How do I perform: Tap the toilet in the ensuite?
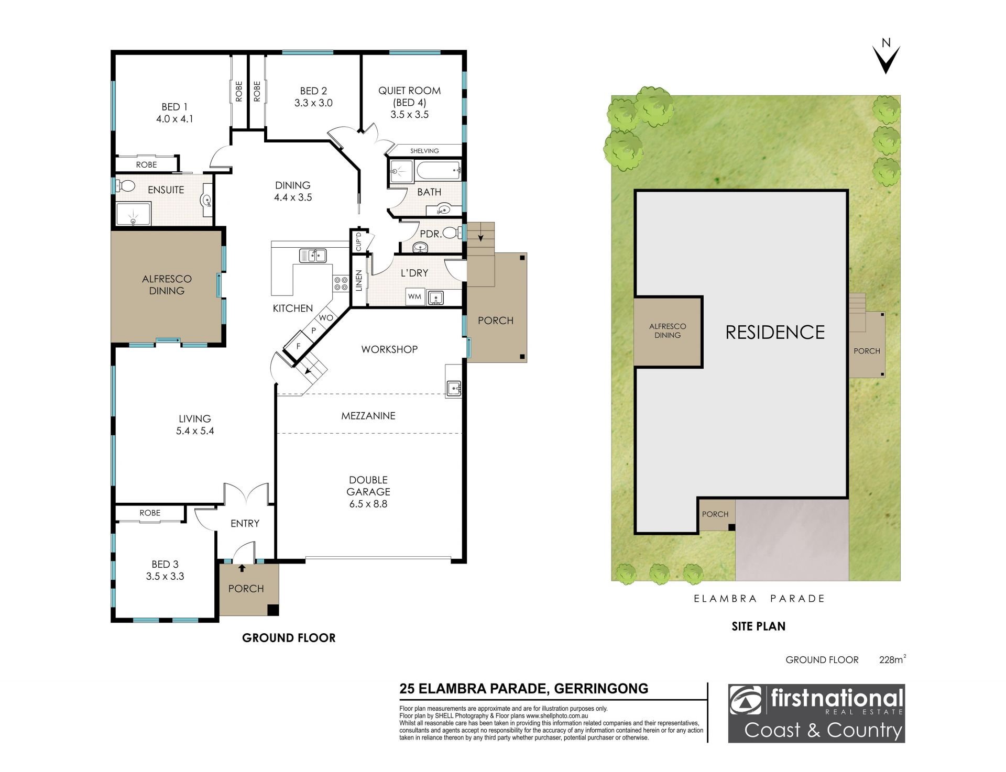pyautogui.click(x=125, y=186)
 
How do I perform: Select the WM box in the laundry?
pyautogui.click(x=414, y=296)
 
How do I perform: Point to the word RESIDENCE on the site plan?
pyautogui.click(x=775, y=332)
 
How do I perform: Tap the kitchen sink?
pyautogui.click(x=312, y=256)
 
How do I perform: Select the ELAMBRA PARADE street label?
pyautogui.click(x=759, y=598)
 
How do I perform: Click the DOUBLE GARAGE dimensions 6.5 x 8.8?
pyautogui.click(x=368, y=504)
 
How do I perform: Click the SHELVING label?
pyautogui.click(x=424, y=151)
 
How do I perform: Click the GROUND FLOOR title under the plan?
pyautogui.click(x=289, y=637)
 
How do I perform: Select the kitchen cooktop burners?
pyautogui.click(x=341, y=283)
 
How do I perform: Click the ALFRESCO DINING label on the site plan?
pyautogui.click(x=667, y=330)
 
